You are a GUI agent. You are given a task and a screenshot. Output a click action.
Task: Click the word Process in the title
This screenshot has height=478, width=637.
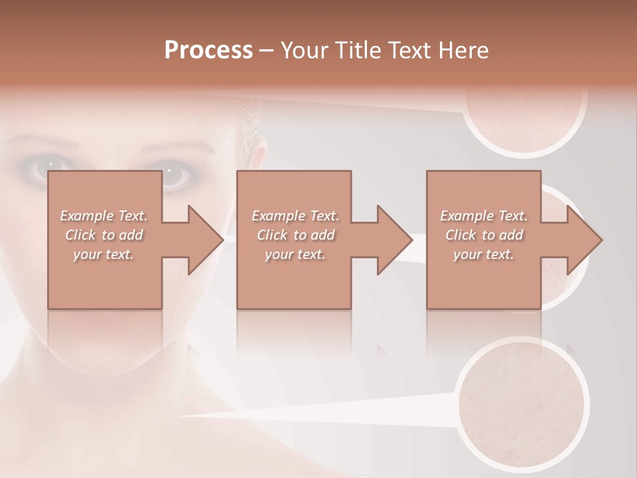point(208,50)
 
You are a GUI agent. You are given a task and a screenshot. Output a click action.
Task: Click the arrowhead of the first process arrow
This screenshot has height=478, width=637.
point(203,240)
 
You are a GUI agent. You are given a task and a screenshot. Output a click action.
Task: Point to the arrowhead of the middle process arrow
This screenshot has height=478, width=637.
point(392,240)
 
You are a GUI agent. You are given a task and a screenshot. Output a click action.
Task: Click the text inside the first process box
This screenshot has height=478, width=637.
point(104,235)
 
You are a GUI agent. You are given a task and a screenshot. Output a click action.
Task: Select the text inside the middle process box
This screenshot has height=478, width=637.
point(295,235)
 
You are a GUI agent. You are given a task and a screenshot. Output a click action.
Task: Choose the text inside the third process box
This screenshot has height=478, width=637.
point(484,235)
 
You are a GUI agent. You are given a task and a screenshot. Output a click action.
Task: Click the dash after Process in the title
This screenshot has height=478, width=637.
point(267,50)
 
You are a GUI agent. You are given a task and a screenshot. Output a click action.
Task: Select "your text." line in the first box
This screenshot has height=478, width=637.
point(104,254)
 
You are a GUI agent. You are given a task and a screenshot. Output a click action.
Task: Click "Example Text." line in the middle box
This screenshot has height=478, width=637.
point(295,216)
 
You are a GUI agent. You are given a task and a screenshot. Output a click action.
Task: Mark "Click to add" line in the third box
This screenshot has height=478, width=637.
point(484,235)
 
